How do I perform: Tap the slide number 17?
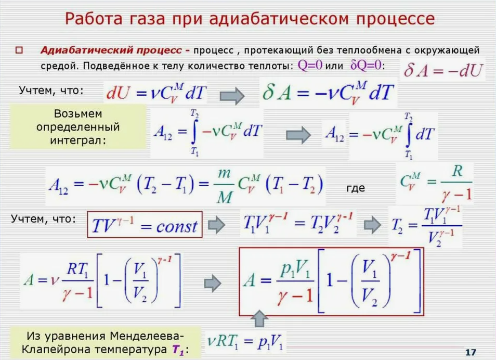click(x=471, y=352)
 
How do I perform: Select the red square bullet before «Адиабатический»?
click(x=19, y=50)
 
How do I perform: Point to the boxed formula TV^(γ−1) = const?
click(x=145, y=226)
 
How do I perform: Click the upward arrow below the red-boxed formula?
click(x=260, y=318)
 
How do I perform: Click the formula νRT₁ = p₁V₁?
click(x=245, y=343)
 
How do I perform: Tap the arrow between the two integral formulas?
click(x=299, y=134)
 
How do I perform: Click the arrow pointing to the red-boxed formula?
click(x=217, y=283)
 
